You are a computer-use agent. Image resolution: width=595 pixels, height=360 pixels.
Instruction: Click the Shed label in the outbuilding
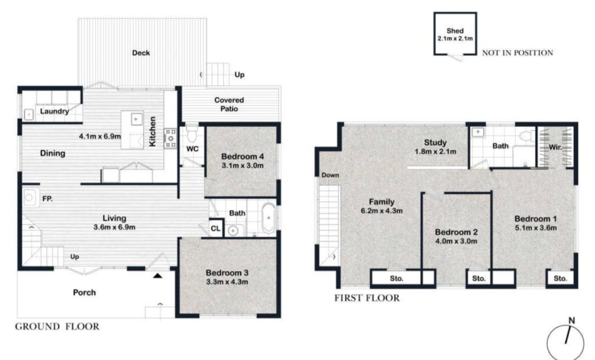[x=455, y=31]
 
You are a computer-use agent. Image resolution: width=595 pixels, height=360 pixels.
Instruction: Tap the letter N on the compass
[x=572, y=320]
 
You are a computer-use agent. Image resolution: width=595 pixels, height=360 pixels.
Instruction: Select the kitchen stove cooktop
[x=170, y=138]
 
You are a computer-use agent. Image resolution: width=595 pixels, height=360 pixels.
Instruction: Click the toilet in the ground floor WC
[x=192, y=134]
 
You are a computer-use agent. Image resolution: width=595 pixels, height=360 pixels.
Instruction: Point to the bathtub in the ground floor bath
[x=269, y=218]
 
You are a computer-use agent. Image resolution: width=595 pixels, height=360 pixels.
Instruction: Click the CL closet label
[x=215, y=228]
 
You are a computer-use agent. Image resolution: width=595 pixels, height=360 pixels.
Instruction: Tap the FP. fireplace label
[x=47, y=199]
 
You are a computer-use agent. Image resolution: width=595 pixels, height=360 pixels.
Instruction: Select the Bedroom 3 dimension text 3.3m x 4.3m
[x=227, y=281]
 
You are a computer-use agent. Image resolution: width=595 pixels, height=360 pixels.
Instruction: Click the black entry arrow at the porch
[x=158, y=276]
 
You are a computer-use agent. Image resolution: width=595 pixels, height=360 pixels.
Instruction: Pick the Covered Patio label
[x=229, y=105]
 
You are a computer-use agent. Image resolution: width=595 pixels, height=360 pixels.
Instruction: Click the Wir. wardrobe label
[x=555, y=147]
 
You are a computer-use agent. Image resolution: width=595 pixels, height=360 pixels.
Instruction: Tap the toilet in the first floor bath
[x=527, y=136]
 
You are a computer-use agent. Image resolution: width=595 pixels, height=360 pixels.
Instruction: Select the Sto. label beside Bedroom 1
[x=560, y=279]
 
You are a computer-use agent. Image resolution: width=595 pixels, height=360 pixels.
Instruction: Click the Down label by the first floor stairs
[x=330, y=175]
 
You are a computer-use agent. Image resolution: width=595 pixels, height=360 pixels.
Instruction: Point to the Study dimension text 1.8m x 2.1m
[x=436, y=152]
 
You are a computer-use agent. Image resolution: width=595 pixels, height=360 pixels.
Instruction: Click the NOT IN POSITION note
[x=517, y=53]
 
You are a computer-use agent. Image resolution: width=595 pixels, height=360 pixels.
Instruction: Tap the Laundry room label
[x=54, y=111]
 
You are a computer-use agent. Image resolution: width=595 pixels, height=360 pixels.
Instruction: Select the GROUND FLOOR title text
[x=57, y=327]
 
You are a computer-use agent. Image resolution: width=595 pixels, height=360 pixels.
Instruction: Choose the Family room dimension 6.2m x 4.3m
[x=382, y=211]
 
